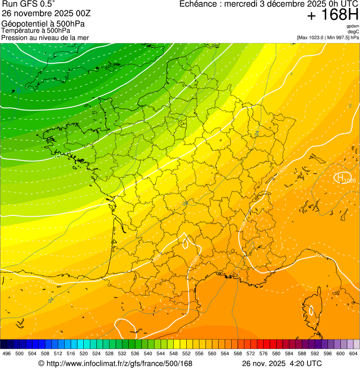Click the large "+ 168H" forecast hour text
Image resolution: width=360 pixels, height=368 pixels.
[333, 15]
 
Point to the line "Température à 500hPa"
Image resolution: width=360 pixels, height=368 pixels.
[36, 30]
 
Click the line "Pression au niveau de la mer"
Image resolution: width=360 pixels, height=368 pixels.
[45, 37]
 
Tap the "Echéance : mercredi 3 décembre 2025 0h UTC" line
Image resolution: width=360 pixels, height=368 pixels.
[269, 4]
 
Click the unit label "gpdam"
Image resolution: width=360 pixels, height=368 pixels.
[353, 26]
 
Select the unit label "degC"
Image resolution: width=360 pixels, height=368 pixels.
[353, 32]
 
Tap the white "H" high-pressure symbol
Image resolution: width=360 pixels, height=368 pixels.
[339, 177]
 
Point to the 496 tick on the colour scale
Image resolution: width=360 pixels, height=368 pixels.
[7, 353]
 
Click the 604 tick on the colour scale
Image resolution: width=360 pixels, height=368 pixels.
[353, 353]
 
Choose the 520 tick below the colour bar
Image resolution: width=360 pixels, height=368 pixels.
[83, 353]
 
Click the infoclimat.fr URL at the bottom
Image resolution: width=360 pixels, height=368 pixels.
[118, 363]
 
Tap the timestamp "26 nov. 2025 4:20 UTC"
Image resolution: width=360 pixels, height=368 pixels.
[281, 363]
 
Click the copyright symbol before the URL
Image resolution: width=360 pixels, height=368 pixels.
[41, 363]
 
